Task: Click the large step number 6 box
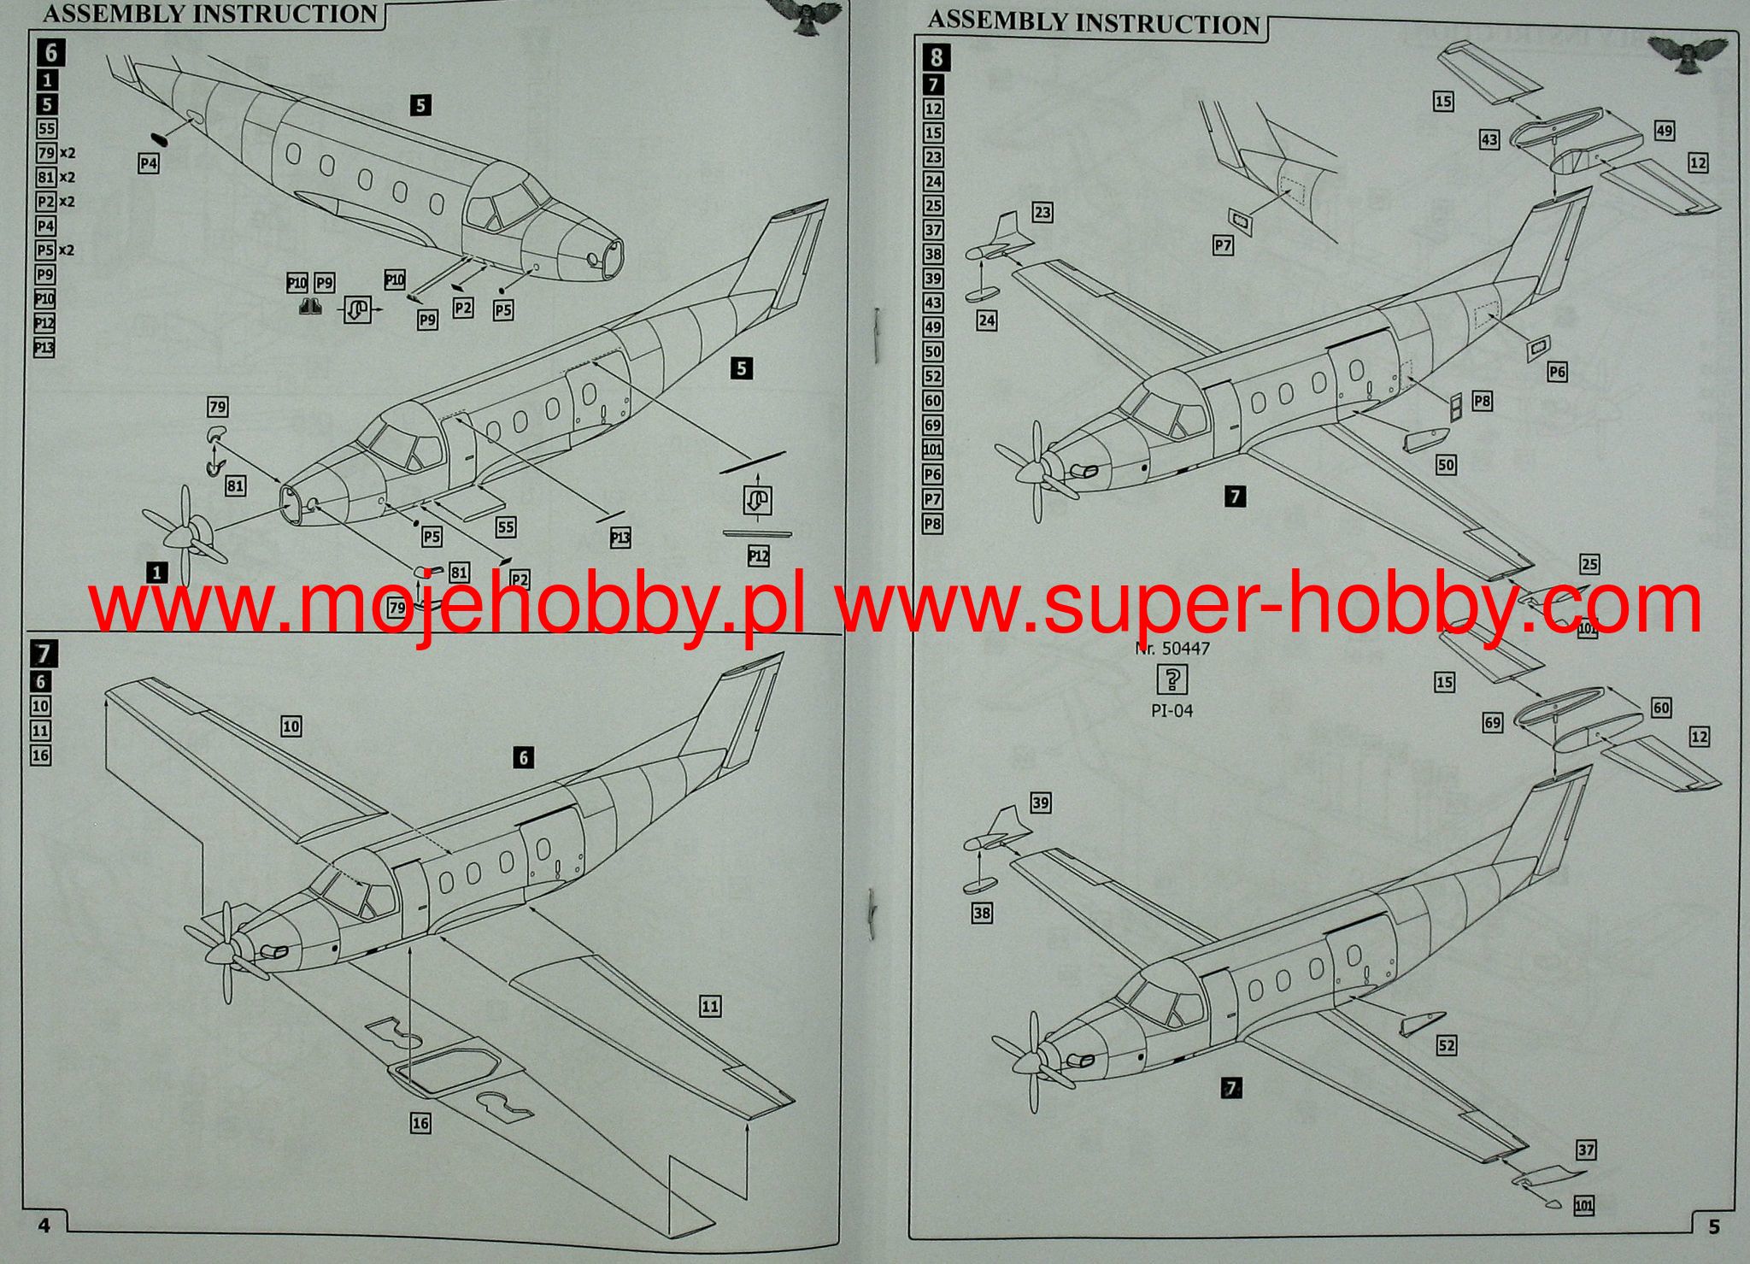coord(50,53)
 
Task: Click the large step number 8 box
coord(937,57)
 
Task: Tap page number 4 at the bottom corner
coord(44,1226)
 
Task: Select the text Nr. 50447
coord(1172,649)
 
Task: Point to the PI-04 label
coord(1172,710)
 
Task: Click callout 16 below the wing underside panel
coord(420,1122)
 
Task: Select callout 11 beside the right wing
coord(710,1007)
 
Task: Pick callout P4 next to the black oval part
coord(149,162)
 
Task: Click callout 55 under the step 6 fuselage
coord(506,526)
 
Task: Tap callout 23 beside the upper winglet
coord(1042,212)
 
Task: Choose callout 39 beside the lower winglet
coord(1040,802)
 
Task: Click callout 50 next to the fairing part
coord(1446,465)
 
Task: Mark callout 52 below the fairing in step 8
coord(1446,1045)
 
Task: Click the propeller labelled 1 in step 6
coord(185,537)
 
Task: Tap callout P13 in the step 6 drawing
coord(620,538)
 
